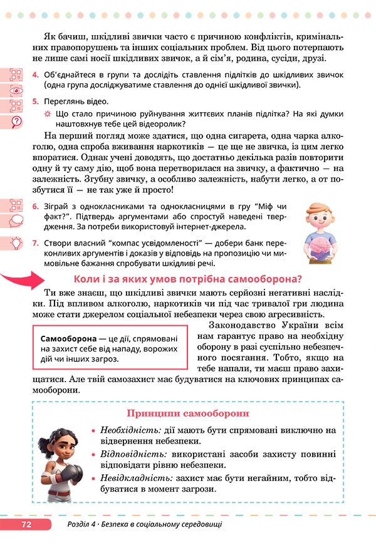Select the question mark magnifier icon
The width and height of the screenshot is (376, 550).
click(16, 121)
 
